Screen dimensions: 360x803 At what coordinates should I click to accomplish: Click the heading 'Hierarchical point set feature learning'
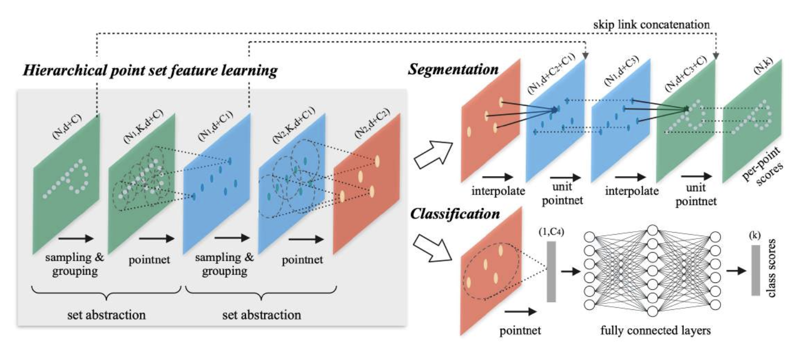click(x=150, y=71)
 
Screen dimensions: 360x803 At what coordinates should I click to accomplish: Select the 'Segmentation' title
click(x=453, y=69)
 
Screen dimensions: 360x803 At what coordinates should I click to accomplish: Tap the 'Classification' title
click(x=455, y=214)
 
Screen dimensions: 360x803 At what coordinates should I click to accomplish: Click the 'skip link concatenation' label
click(x=651, y=24)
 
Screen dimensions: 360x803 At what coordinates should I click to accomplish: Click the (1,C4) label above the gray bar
click(x=551, y=232)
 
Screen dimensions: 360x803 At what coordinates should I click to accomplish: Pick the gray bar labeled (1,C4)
click(x=551, y=271)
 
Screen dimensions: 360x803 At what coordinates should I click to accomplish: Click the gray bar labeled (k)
click(x=755, y=270)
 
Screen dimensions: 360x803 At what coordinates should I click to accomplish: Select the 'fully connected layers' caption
click(x=655, y=330)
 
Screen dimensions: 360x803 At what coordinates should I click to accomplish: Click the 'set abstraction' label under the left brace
click(x=106, y=315)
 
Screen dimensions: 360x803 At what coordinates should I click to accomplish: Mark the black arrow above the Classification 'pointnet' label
click(x=521, y=312)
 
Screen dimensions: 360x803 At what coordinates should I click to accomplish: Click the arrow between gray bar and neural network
click(x=567, y=270)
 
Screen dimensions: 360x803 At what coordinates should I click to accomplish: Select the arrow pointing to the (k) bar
click(x=736, y=270)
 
